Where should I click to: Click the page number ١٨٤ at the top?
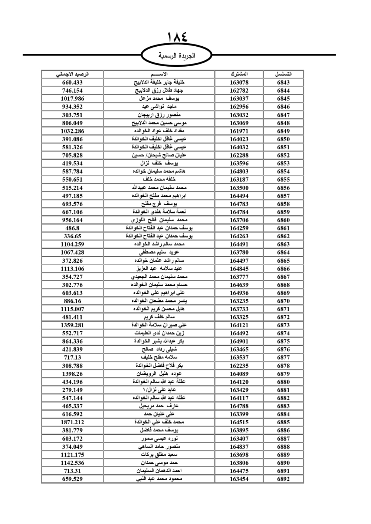(x=178, y=37)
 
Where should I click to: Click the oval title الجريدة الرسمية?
(x=177, y=56)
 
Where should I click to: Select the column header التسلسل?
(x=283, y=74)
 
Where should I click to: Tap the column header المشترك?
(x=239, y=74)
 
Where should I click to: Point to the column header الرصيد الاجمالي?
(x=72, y=74)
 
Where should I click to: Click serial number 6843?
(x=283, y=83)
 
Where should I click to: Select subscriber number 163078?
(x=239, y=83)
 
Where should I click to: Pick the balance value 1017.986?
(x=72, y=99)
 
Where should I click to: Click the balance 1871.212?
(x=72, y=422)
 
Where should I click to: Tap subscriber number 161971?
(x=239, y=131)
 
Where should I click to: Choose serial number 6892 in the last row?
(x=283, y=479)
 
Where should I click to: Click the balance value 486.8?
(x=72, y=228)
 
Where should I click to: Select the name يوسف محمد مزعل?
(x=159, y=99)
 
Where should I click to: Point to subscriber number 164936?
(x=239, y=293)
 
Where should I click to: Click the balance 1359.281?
(x=72, y=325)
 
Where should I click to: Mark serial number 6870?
(x=283, y=301)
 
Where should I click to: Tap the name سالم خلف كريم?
(x=159, y=317)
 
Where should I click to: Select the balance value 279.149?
(x=72, y=390)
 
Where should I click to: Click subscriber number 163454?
(x=239, y=479)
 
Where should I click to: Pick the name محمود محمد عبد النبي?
(x=159, y=479)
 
